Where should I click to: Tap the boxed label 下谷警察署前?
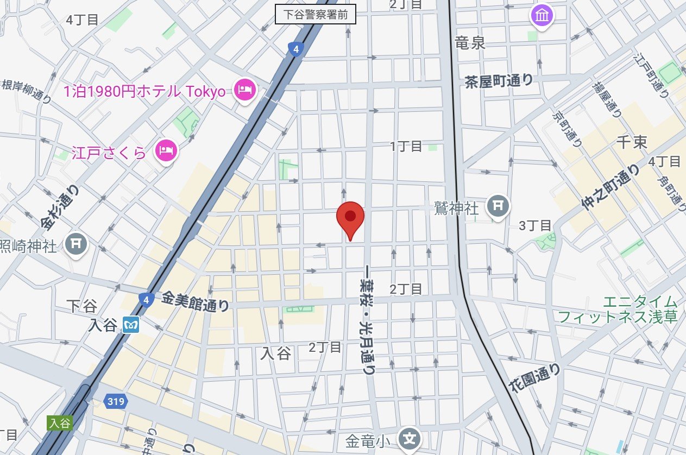[316, 15]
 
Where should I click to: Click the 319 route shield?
[116, 402]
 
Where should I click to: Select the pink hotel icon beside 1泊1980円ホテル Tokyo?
[244, 89]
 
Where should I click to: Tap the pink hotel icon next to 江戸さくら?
[166, 150]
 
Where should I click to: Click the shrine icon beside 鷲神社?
[497, 205]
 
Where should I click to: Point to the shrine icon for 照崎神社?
[77, 245]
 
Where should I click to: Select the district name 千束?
[632, 143]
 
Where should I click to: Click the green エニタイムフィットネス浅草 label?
[618, 309]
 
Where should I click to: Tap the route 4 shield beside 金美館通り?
[145, 299]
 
